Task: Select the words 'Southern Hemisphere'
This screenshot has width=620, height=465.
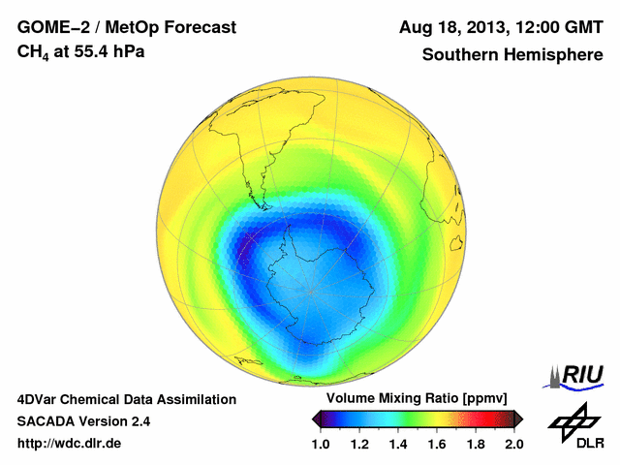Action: point(511,54)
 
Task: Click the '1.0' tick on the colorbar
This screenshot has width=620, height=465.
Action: point(323,444)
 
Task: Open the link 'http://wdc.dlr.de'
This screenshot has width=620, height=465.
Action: point(70,444)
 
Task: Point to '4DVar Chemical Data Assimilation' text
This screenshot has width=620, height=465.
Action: point(127,399)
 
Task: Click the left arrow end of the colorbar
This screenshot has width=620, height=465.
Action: point(317,418)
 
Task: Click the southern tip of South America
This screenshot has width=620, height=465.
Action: point(261,203)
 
